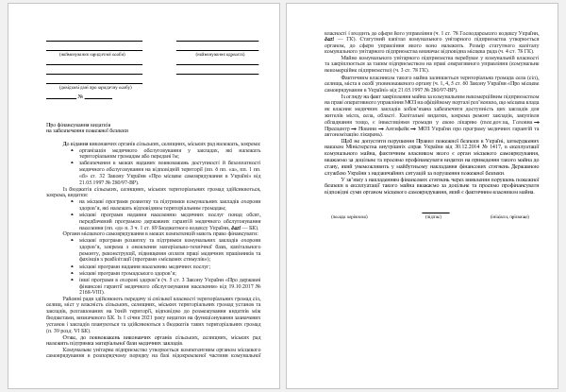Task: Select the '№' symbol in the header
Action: (x=80, y=97)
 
